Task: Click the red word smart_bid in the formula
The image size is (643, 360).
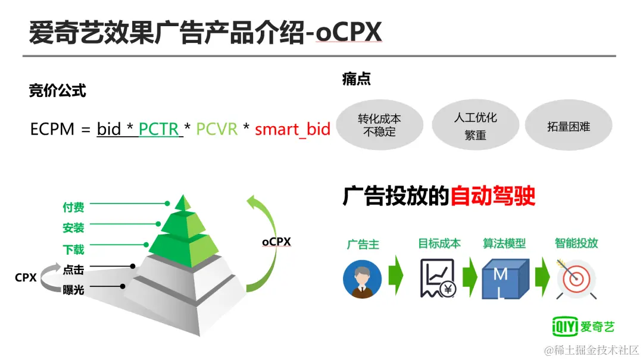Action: click(x=292, y=129)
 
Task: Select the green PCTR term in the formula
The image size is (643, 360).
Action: click(x=159, y=129)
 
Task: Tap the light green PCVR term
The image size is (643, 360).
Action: click(x=217, y=129)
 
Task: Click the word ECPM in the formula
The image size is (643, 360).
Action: click(x=52, y=129)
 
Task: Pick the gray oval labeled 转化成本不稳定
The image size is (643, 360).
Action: click(x=379, y=125)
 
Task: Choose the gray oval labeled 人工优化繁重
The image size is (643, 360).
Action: click(x=475, y=125)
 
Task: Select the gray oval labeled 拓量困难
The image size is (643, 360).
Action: click(x=569, y=125)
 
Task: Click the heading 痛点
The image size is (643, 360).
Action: click(x=357, y=79)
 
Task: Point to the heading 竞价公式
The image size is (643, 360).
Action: click(x=57, y=90)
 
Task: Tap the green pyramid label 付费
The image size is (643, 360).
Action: click(x=73, y=207)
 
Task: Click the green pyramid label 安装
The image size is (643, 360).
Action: click(x=73, y=227)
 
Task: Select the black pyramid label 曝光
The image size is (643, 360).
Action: click(x=73, y=290)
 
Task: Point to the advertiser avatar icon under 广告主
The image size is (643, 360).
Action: click(x=362, y=279)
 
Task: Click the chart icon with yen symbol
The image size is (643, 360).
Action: click(x=438, y=278)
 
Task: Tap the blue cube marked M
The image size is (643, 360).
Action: click(x=505, y=278)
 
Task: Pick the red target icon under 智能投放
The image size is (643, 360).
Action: click(x=576, y=279)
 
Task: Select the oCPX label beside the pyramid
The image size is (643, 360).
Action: click(x=276, y=242)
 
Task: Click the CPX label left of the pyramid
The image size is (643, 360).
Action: click(x=26, y=277)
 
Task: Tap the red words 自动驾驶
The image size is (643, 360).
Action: click(x=493, y=196)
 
